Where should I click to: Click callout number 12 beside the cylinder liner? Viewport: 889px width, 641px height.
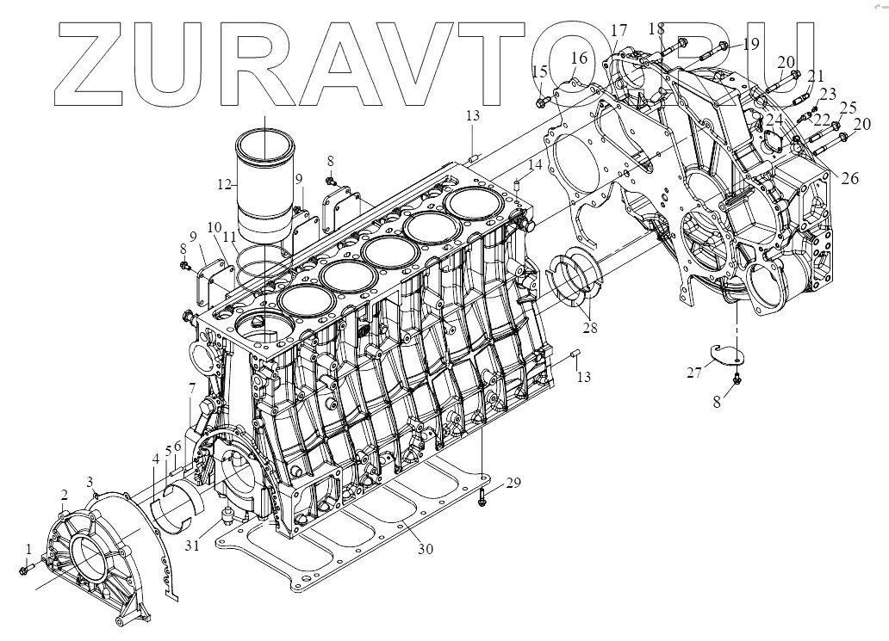click(224, 184)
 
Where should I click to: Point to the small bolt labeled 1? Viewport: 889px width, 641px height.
click(25, 569)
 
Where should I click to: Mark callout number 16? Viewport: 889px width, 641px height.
click(577, 59)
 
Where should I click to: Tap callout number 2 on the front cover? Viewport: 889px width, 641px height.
click(64, 494)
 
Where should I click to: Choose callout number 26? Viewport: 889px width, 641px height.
click(850, 179)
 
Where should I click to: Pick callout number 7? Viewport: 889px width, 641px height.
click(191, 390)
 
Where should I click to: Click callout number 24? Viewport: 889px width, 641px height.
click(774, 119)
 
